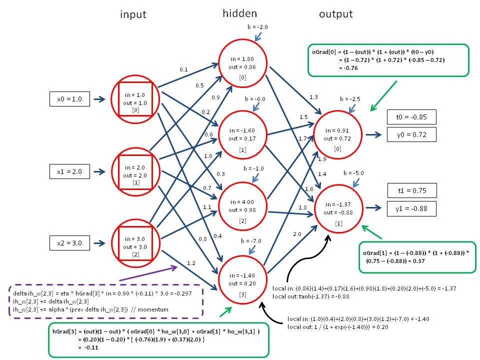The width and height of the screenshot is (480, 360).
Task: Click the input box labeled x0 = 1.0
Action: pyautogui.click(x=69, y=99)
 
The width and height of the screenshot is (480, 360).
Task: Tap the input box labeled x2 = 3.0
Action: pyautogui.click(x=69, y=243)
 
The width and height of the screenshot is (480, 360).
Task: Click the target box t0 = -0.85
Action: pyautogui.click(x=411, y=117)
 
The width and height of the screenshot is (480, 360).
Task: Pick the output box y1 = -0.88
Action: pyautogui.click(x=411, y=208)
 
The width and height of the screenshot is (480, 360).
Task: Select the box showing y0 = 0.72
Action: pyautogui.click(x=411, y=134)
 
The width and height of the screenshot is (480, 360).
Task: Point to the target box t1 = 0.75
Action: pyautogui.click(x=411, y=190)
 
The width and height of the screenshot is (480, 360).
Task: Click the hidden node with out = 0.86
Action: pyautogui.click(x=242, y=63)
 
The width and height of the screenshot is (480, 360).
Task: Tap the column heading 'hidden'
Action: pyautogui.click(x=239, y=14)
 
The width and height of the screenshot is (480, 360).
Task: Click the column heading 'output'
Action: pyautogui.click(x=335, y=14)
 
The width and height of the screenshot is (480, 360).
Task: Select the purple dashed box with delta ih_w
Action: pyautogui.click(x=105, y=301)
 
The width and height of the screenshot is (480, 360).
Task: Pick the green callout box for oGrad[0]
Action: pyautogui.click(x=388, y=60)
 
